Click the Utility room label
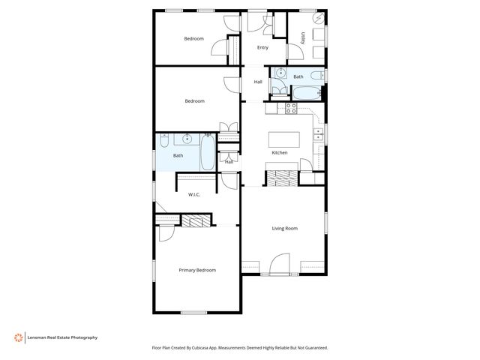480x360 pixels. pyautogui.click(x=302, y=37)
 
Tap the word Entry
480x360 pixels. pyautogui.click(x=262, y=47)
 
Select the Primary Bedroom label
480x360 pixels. pyautogui.click(x=197, y=270)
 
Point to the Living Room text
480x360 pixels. pyautogui.click(x=284, y=228)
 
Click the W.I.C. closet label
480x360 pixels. pyautogui.click(x=194, y=195)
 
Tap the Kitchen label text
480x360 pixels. pyautogui.click(x=279, y=153)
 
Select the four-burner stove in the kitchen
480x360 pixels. pyautogui.click(x=291, y=109)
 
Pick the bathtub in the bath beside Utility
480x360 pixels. pyautogui.click(x=307, y=93)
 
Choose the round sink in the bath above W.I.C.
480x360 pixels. pyautogui.click(x=185, y=139)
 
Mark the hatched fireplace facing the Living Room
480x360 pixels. pyautogui.click(x=283, y=178)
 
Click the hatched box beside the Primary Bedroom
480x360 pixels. pyautogui.click(x=196, y=220)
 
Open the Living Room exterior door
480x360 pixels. pyautogui.click(x=279, y=265)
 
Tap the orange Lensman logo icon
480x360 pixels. pyautogui.click(x=16, y=337)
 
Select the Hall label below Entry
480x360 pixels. pyautogui.click(x=258, y=82)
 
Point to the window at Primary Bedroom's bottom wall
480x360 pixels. pyautogui.click(x=193, y=312)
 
